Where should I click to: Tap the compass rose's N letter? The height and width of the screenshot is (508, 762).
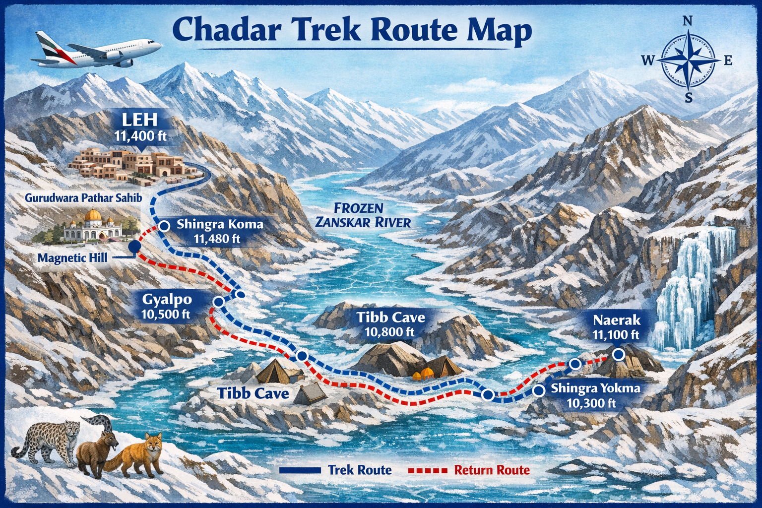688,21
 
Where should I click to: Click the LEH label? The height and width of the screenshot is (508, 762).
141,120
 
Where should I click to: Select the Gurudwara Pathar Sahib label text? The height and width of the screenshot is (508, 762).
83,198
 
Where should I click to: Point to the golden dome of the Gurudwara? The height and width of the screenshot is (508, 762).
93,216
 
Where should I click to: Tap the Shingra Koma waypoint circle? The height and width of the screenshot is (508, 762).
165,226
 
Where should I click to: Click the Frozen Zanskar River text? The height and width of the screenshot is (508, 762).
363,215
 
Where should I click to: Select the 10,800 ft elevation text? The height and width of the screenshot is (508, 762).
389,332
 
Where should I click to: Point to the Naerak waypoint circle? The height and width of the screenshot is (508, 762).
618,354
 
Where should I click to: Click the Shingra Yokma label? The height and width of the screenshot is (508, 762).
596,388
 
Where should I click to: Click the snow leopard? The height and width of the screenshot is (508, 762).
47,442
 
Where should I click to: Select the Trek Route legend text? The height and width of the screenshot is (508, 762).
360,470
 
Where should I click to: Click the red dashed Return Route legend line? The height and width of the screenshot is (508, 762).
428,470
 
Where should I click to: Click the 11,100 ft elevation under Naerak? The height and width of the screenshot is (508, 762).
616,335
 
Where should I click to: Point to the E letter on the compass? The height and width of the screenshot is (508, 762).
728,61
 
